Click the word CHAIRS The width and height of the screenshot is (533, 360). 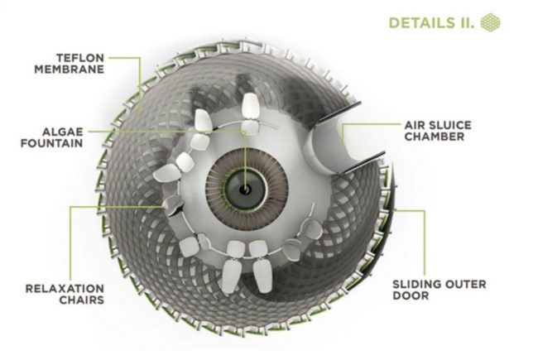tap(82, 300)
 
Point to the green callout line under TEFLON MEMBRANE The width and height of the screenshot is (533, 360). tap(137, 83)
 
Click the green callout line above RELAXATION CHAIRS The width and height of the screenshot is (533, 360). tap(71, 240)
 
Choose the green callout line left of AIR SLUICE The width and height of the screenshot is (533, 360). tap(364, 126)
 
